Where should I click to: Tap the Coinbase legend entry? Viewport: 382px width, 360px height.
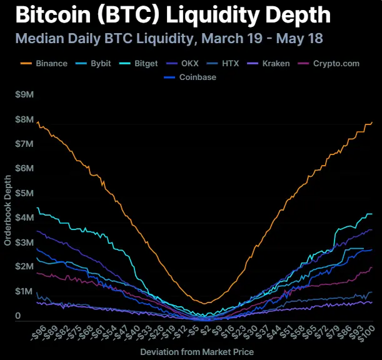pos(194,77)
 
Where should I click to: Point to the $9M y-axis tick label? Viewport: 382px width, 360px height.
pos(25,95)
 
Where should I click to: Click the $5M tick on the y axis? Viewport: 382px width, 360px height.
pos(25,193)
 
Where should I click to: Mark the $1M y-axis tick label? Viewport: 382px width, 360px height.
pos(25,291)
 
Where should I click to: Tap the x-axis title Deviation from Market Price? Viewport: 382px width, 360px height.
pos(197,352)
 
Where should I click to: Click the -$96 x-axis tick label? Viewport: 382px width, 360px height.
pos(37,331)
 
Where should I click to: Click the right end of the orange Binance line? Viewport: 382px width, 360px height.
pos(372,122)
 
